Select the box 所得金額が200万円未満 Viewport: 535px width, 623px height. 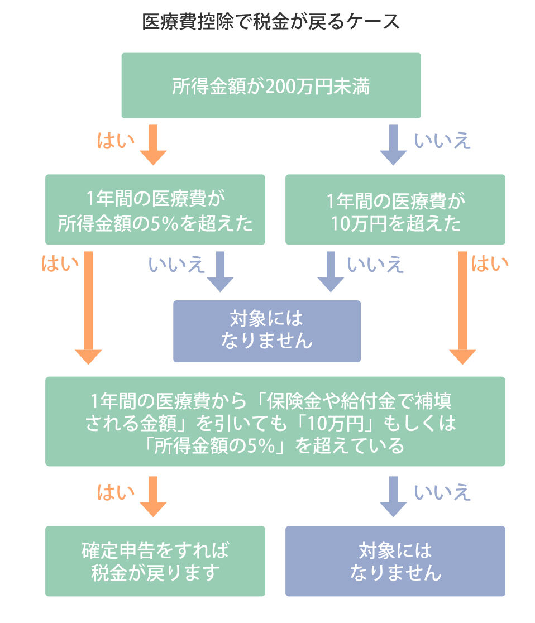[271, 86]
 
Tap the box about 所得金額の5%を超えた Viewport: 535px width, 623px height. [155, 210]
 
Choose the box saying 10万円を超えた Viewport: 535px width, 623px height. [395, 210]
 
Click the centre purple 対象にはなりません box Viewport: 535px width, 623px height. [266, 331]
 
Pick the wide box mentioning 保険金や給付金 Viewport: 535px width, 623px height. [275, 421]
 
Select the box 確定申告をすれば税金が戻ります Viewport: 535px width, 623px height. [155, 561]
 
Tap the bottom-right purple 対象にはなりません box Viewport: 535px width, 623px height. [395, 561]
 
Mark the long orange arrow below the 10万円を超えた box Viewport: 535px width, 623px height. [462, 307]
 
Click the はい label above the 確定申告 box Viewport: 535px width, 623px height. [116, 492]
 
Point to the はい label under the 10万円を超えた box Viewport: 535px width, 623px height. [490, 264]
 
